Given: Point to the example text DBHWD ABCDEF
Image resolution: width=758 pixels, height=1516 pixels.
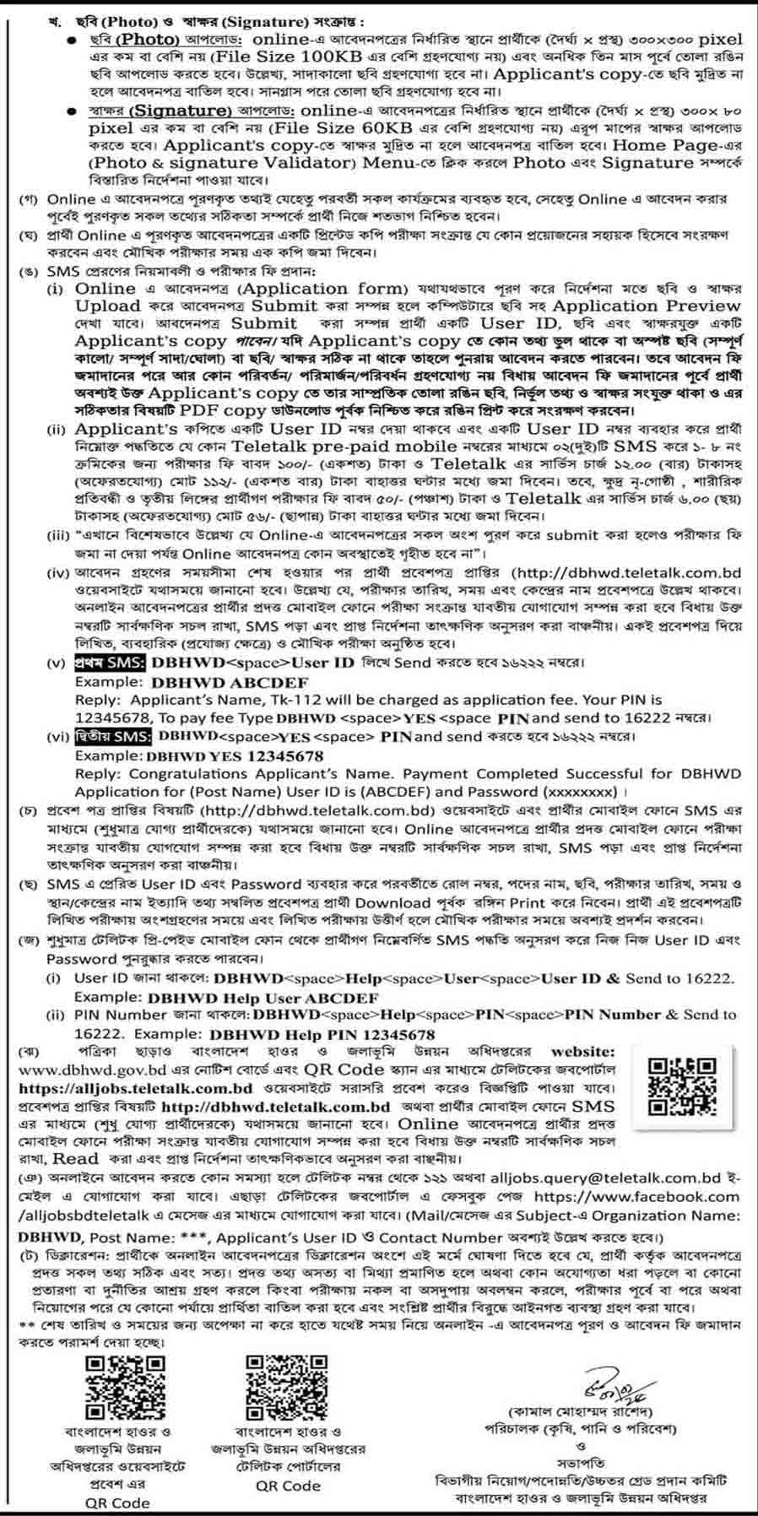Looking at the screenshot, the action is click(229, 682).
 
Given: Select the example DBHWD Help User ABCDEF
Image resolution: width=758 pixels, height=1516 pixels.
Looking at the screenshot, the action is click(263, 997).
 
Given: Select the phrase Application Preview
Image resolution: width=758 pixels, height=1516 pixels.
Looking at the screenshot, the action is click(646, 306).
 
